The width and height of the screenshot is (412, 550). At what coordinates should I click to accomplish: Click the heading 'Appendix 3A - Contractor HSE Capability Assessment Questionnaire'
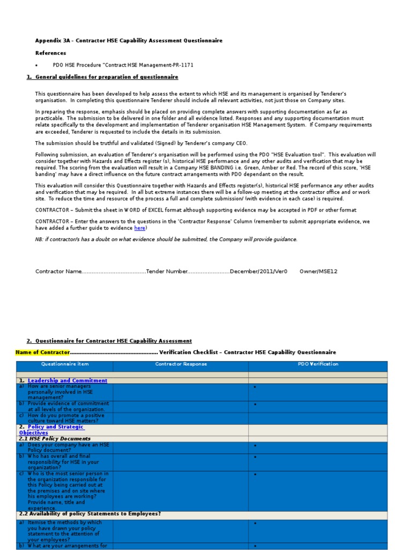[x=129, y=41]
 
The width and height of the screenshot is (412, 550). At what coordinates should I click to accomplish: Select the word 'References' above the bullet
[x=51, y=53]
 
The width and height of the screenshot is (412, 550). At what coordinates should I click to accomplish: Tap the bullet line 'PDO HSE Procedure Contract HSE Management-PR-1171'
[x=123, y=65]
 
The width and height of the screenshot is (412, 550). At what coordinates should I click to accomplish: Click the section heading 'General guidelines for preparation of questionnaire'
[x=107, y=77]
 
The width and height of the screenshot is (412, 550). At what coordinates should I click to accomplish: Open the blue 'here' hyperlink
[x=139, y=228]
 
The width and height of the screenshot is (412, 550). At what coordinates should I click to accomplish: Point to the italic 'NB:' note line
[x=166, y=239]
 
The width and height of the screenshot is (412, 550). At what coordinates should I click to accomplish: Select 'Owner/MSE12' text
[x=318, y=271]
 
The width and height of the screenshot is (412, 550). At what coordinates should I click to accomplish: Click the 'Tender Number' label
[x=167, y=271]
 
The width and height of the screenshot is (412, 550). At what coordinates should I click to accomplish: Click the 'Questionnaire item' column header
[x=64, y=364]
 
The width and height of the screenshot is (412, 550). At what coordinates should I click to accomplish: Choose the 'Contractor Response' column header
[x=181, y=364]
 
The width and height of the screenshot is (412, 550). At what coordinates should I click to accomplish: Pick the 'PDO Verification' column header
[x=318, y=364]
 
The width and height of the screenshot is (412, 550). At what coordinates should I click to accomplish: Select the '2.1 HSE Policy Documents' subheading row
[x=55, y=439]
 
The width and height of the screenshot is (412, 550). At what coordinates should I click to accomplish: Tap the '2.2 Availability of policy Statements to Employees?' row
[x=90, y=514]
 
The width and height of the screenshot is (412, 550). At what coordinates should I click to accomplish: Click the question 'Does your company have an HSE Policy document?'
[x=67, y=447]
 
